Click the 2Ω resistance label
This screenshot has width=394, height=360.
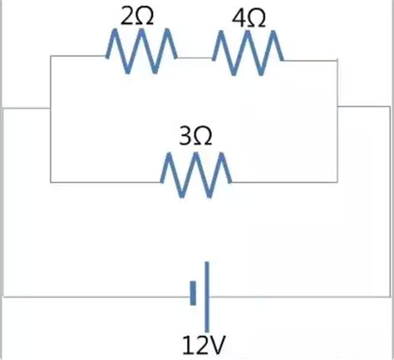[137, 17]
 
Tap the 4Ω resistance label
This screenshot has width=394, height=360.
[249, 18]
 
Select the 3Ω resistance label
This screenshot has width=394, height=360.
[195, 136]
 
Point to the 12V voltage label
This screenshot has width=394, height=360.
[203, 345]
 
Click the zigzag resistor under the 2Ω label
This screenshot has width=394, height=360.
[141, 51]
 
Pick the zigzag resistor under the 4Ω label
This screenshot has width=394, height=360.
[248, 52]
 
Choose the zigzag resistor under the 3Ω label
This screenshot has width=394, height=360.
[196, 175]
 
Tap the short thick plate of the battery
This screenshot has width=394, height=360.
[193, 293]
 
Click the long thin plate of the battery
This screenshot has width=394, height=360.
[207, 297]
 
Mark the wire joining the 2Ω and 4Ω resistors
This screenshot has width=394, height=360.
[195, 58]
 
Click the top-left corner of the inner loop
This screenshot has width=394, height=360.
[51, 56]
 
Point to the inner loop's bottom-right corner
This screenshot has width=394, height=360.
[337, 182]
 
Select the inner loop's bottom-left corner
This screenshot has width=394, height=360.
[51, 182]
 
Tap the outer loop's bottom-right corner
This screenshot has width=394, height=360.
[390, 297]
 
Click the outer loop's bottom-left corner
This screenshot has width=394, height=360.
[3, 297]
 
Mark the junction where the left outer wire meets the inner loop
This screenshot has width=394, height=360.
[50, 108]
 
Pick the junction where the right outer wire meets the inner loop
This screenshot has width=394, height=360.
[337, 106]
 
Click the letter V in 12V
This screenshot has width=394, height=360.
[214, 345]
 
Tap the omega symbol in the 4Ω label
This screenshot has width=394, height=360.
[256, 19]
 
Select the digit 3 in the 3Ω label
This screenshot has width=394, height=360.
[185, 136]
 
